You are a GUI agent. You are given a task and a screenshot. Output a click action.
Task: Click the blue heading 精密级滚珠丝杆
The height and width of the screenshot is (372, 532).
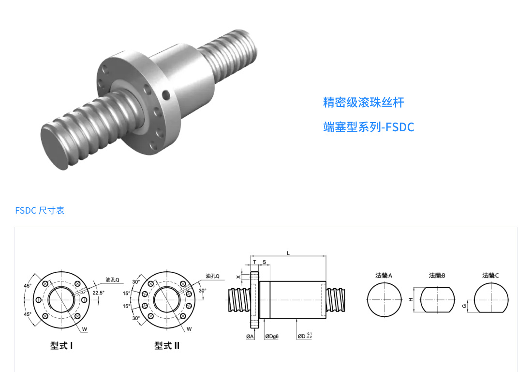tap(363, 102)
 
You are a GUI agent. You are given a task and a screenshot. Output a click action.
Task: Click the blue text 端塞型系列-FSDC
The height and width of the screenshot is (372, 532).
tap(369, 127)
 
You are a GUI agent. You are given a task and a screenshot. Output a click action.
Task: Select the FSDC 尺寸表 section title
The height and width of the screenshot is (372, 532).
tap(40, 210)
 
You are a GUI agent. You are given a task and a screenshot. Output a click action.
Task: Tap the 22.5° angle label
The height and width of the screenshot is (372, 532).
tap(98, 293)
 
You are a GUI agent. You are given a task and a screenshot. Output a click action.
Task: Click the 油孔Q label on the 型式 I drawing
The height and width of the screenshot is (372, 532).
tap(112, 279)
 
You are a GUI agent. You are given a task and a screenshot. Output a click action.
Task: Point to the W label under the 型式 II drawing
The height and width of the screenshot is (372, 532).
tap(189, 329)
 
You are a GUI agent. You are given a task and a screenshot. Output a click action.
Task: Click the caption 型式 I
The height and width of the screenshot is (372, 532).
tap(61, 345)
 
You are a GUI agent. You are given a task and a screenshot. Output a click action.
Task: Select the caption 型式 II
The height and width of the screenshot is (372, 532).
tap(166, 345)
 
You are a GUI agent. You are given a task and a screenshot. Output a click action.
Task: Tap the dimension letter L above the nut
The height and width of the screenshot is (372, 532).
tap(288, 253)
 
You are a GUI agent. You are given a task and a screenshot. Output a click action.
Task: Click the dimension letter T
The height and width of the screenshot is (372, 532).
tap(255, 262)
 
